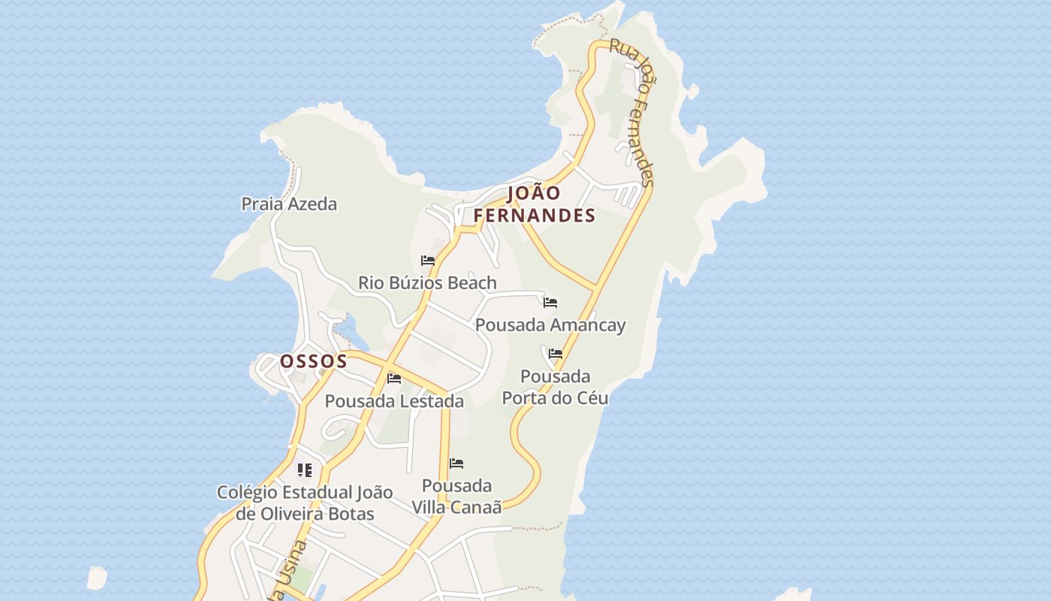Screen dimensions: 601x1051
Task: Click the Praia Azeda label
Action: coord(289,204)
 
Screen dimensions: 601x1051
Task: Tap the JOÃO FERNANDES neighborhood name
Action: coord(535,204)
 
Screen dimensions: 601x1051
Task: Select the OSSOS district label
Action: coord(314,361)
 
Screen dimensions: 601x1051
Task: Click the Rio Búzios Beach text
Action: coord(427,283)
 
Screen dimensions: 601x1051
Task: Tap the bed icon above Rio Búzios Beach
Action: coord(428,261)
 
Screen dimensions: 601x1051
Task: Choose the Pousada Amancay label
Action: coord(550,325)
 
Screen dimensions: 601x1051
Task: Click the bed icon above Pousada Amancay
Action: coord(550,303)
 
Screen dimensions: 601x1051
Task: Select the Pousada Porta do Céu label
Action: coord(555,387)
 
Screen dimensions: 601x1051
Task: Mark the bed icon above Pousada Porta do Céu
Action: coord(556,353)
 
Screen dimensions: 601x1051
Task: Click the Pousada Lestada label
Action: coord(394,401)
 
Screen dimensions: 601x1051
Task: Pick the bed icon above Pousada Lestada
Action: coord(394,378)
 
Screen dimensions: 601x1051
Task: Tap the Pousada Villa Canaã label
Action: coord(456,497)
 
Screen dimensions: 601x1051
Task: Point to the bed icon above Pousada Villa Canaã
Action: coord(456,464)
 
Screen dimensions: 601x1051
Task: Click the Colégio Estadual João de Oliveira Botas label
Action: coord(305,503)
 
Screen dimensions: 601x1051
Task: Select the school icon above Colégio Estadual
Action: coord(304,470)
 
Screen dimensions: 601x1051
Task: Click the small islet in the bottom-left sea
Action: coord(97,578)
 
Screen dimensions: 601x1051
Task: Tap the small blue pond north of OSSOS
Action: coord(348,328)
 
